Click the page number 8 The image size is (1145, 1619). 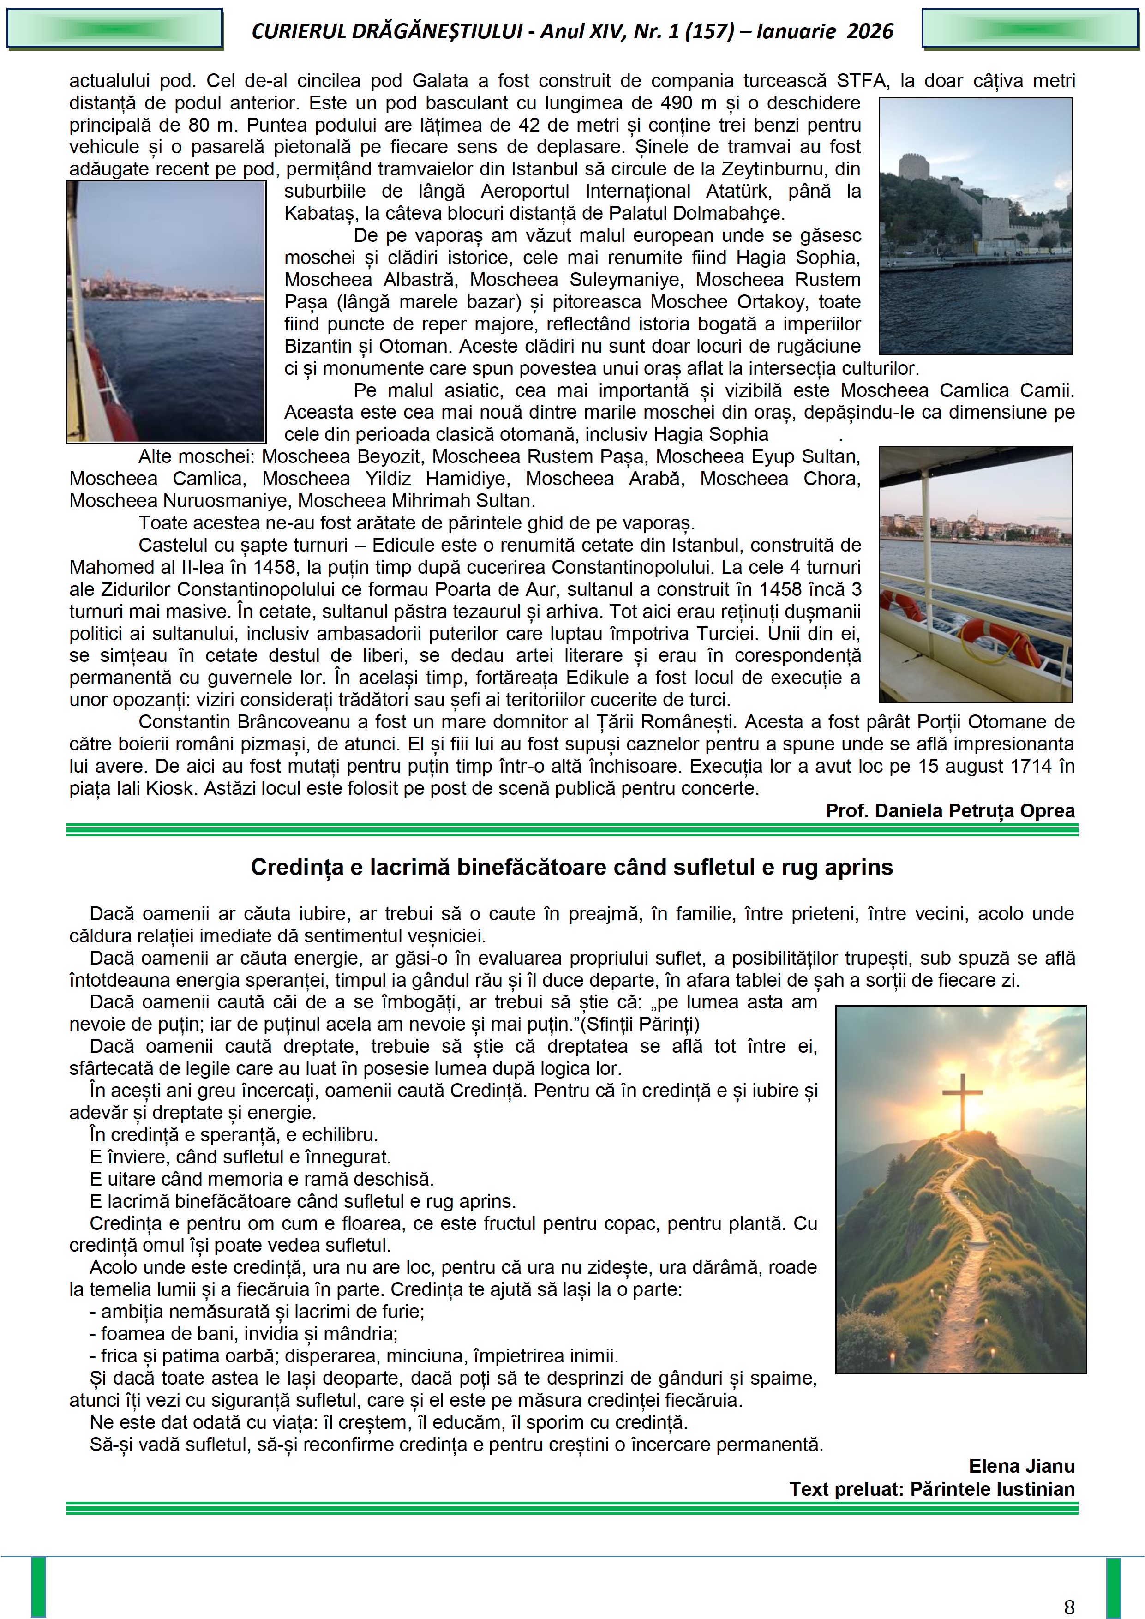[1069, 1606]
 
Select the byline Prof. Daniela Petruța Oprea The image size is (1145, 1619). [950, 810]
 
